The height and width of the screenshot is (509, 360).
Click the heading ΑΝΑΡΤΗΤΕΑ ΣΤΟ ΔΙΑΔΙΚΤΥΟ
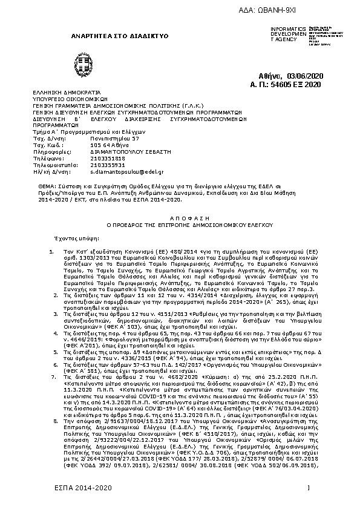click(120, 36)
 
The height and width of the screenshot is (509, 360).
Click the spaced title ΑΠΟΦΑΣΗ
click(180, 215)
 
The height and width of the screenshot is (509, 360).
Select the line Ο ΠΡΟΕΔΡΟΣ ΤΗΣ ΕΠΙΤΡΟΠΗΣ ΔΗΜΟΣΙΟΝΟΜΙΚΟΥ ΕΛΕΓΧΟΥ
click(179, 223)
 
